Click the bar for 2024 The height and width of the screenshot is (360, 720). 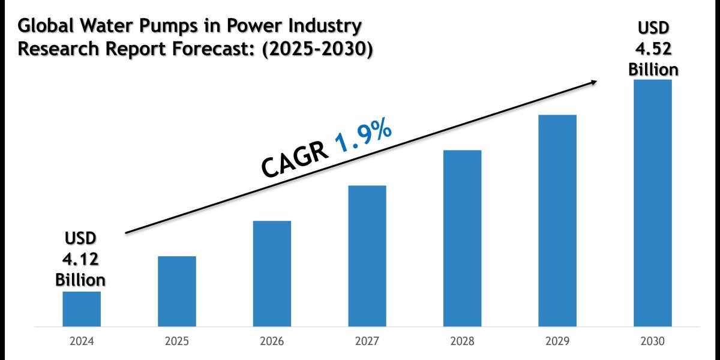click(82, 309)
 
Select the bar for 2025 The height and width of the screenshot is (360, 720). click(177, 292)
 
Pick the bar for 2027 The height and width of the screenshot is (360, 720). click(367, 256)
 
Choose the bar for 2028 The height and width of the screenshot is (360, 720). click(462, 238)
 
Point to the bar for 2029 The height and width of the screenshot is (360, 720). click(557, 221)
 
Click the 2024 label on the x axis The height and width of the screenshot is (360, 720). click(82, 341)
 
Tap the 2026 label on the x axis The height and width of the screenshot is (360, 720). click(272, 341)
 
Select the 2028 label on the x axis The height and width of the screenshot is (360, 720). click(462, 341)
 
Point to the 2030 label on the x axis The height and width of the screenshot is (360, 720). click(653, 341)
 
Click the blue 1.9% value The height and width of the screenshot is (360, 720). click(363, 139)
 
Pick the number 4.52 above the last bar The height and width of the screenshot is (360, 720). click(653, 50)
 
